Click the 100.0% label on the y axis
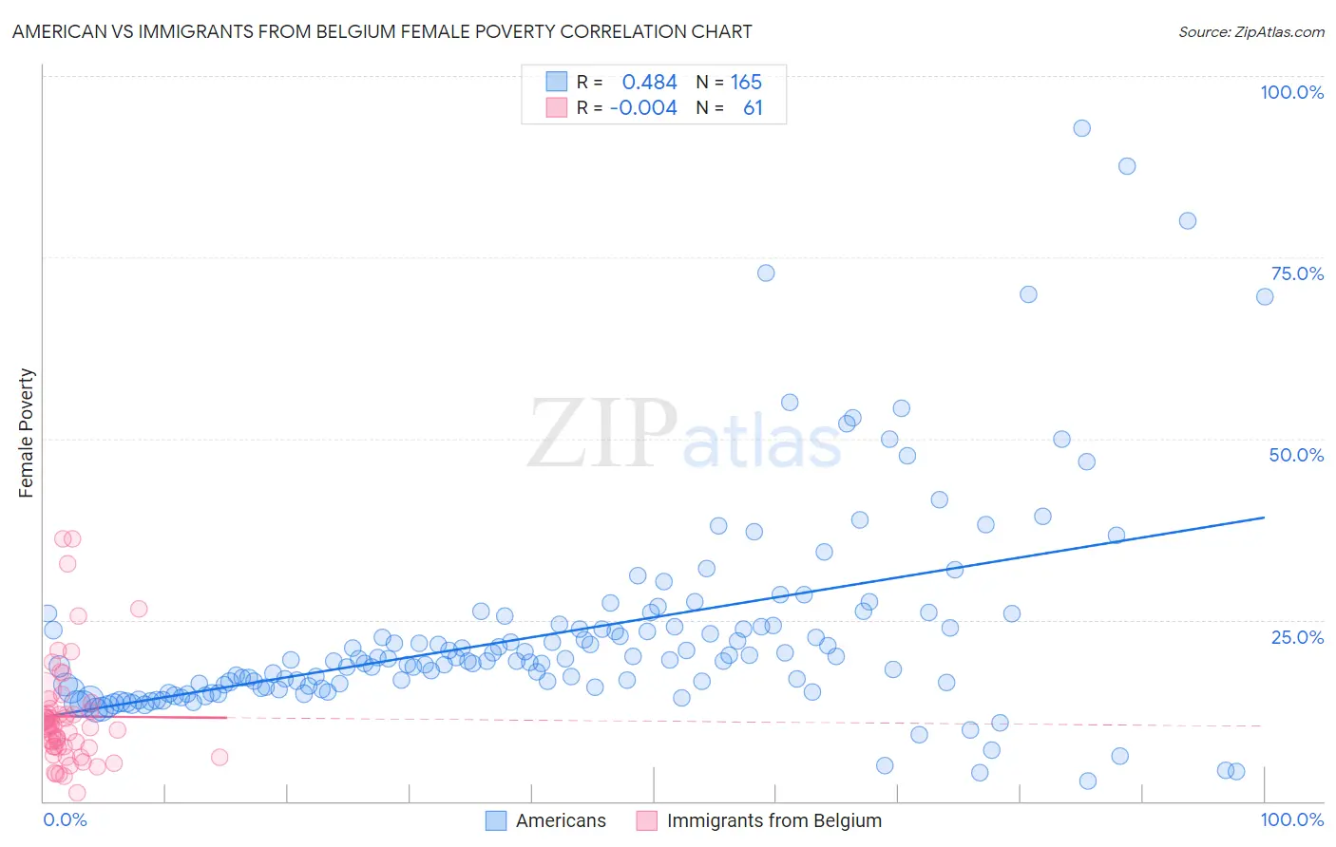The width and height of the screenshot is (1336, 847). coord(1291,92)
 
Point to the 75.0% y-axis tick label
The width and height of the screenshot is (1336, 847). coord(1297,273)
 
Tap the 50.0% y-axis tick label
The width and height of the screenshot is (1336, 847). coord(1296,455)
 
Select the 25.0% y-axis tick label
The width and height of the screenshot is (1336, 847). coord(1297,636)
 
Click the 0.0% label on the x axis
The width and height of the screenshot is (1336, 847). coord(65,819)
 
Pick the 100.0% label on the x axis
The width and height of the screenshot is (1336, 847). coord(1291,819)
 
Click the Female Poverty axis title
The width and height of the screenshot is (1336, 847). coord(27,433)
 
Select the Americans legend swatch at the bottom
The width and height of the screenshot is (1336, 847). coord(496,820)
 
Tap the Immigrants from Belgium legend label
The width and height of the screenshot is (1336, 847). coord(773,820)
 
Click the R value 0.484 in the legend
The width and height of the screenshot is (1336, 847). coord(649,83)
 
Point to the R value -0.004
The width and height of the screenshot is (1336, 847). coord(643,108)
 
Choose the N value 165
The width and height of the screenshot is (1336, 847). coord(746,83)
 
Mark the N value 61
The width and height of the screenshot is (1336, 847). coord(753,108)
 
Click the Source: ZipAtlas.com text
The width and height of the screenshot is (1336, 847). coord(1250,32)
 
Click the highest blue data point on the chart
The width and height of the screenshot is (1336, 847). coord(1081,128)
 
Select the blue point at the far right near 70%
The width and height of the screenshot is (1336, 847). coord(1265,296)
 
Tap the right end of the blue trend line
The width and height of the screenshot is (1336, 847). coord(1264,518)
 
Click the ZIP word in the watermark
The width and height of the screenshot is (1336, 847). coord(602,434)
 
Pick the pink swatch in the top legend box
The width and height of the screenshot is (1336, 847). coord(556,107)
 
